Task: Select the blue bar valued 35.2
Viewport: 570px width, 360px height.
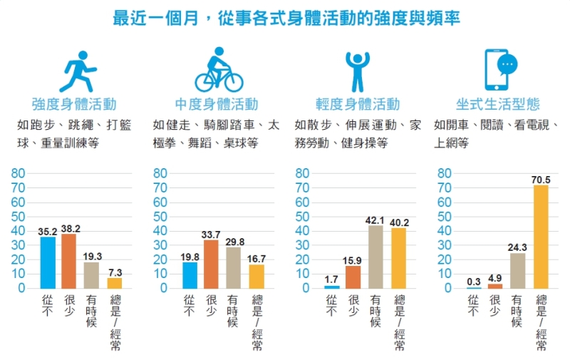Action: coord(48,262)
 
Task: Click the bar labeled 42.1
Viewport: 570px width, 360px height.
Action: coord(375,257)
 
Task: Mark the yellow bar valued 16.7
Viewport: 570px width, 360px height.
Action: coord(256,276)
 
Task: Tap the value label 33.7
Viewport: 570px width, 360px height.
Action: coord(211,234)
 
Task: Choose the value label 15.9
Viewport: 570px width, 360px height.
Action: coord(353,259)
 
